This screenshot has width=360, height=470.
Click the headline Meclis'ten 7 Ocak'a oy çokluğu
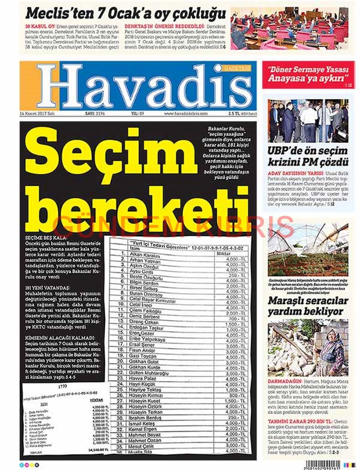coord(126,13)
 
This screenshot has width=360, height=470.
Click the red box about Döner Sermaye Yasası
coord(308,74)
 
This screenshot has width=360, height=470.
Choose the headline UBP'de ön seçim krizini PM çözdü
coord(308,157)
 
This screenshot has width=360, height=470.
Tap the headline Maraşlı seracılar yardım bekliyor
coord(308,306)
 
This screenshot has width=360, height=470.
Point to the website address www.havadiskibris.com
coord(186,114)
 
